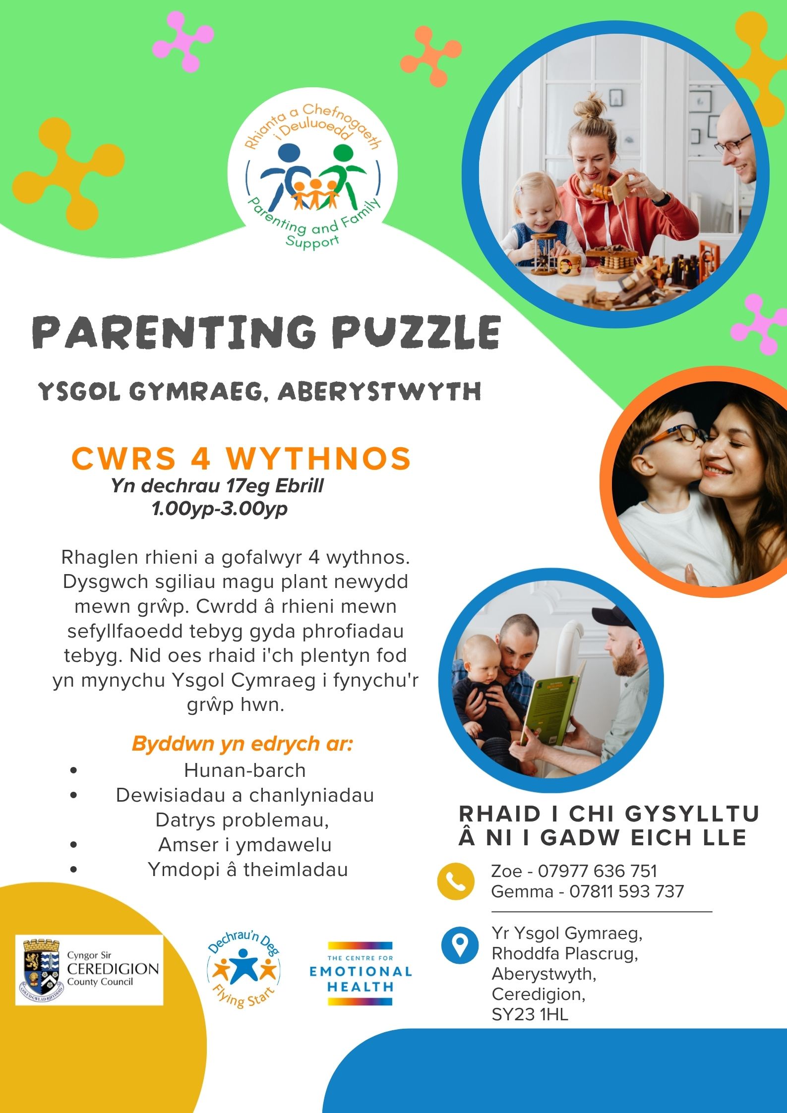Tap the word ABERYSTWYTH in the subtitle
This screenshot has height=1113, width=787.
tap(379, 392)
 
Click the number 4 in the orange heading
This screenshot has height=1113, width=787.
tap(200, 459)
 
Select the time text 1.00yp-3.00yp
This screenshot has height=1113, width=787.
tap(220, 509)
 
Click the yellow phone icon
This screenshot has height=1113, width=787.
tap(455, 880)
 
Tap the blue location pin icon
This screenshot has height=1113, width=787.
tap(460, 945)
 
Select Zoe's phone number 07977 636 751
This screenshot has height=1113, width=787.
tap(597, 871)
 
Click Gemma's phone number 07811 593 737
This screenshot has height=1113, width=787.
tap(626, 891)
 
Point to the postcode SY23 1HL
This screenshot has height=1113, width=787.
tap(530, 1014)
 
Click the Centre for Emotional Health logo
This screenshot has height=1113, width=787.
tap(361, 973)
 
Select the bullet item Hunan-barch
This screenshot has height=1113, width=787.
tap(245, 770)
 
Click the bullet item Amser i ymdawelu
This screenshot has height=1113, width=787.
tap(245, 844)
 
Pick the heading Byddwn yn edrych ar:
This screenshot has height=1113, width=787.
tap(242, 744)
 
